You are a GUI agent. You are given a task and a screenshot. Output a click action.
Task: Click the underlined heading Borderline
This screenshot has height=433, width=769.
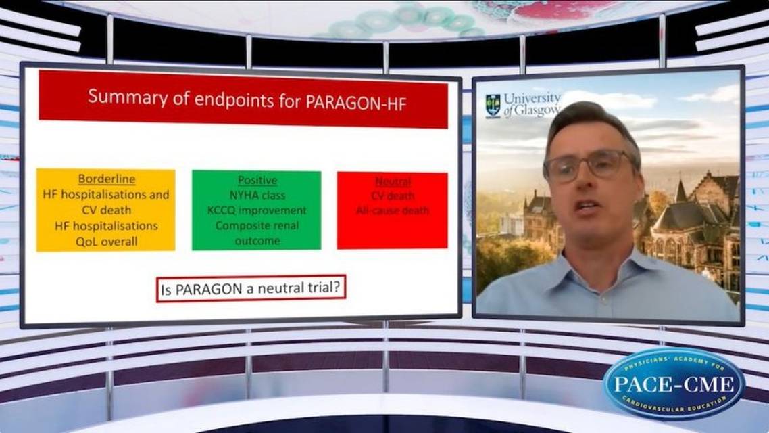pyautogui.click(x=106, y=179)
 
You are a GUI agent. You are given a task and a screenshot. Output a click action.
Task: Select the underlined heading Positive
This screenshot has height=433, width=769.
pyautogui.click(x=257, y=181)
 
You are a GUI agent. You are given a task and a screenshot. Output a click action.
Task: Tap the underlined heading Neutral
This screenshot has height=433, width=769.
pyautogui.click(x=393, y=182)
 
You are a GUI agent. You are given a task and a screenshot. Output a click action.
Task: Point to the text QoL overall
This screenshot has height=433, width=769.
pyautogui.click(x=106, y=240)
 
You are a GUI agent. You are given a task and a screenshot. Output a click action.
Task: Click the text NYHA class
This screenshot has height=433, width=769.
pyautogui.click(x=257, y=196)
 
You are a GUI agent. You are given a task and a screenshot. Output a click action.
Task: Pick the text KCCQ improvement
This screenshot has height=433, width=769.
pyautogui.click(x=257, y=210)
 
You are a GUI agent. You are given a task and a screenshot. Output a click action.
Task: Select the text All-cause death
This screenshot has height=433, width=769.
pyautogui.click(x=393, y=211)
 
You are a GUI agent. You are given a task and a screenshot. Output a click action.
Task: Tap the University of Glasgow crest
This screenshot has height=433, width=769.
pyautogui.click(x=493, y=106)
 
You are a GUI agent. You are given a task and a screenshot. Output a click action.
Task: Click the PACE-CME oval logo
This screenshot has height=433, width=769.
pyautogui.click(x=674, y=384)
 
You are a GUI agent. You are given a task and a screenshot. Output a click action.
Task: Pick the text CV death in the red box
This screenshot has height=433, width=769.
pyautogui.click(x=393, y=196)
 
